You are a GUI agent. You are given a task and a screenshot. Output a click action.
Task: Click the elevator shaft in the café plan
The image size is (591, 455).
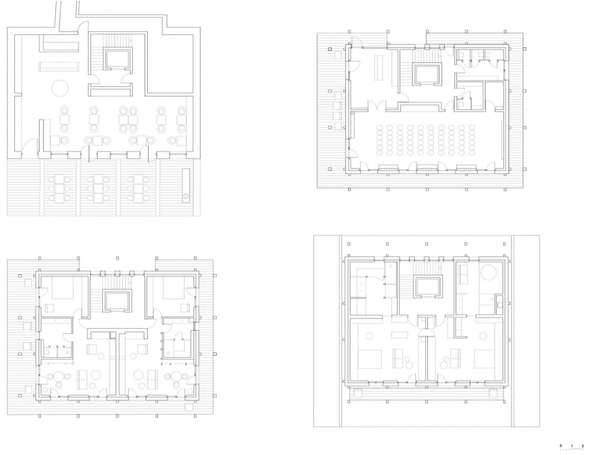[x=118, y=60]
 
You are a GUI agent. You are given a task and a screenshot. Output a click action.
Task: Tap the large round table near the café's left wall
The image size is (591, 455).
[x=61, y=89]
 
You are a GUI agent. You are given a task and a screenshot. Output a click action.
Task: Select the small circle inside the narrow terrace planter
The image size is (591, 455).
[x=186, y=196]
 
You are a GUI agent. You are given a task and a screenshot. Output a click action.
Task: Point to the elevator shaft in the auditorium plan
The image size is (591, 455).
[x=427, y=74]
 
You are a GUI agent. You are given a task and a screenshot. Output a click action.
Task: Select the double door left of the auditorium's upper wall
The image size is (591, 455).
[x=378, y=105]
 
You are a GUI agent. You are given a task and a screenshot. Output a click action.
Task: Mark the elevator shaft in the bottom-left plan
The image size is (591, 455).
[x=117, y=301]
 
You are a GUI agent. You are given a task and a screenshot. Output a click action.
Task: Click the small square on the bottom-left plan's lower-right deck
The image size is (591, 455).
[x=189, y=406]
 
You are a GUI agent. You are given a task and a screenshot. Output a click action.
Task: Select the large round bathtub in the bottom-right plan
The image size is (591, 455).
[x=489, y=272]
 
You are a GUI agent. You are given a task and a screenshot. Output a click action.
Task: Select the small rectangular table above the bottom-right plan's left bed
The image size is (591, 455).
[x=400, y=335]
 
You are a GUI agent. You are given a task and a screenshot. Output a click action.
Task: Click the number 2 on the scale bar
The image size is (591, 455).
[x=582, y=446]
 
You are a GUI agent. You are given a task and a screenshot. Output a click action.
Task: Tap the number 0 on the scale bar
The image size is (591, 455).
[x=561, y=446]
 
